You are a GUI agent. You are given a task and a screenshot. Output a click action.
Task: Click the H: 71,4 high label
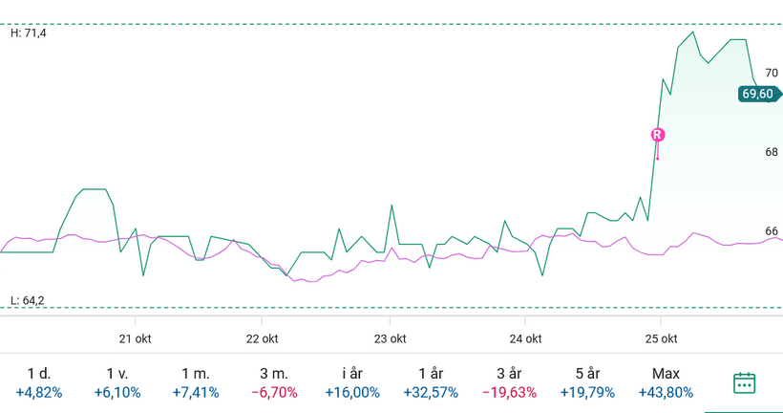point(28,33)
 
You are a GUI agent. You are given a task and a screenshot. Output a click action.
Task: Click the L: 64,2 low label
point(28,300)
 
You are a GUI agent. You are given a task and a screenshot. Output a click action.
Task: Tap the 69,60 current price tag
point(758,94)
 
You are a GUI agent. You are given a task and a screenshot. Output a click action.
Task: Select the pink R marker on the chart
point(657,135)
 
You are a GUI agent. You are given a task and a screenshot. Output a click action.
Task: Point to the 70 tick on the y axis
point(772,73)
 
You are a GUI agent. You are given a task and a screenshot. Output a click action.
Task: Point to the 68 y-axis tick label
point(772,152)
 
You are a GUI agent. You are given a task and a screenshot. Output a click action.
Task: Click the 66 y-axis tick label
point(772,231)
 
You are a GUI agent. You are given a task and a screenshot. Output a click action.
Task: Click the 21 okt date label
point(136,338)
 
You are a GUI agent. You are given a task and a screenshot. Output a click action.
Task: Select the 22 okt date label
point(262,338)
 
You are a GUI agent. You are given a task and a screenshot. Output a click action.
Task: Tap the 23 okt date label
point(390,338)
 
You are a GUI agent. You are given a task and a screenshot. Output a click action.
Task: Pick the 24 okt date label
point(525,338)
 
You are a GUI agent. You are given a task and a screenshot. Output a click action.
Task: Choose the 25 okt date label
point(661,338)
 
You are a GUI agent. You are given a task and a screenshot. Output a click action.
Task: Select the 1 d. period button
point(39,374)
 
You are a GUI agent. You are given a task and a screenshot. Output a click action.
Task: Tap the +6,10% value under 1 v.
point(117,392)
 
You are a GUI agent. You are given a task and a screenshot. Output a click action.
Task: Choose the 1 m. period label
point(196,374)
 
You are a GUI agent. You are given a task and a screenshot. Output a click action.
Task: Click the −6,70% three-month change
point(274,392)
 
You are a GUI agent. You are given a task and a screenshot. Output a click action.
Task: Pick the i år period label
point(352,374)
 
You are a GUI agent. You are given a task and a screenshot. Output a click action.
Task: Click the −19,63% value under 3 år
point(509,392)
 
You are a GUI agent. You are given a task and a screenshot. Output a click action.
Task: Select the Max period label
point(666,374)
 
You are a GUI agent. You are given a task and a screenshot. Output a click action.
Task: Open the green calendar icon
point(745,382)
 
